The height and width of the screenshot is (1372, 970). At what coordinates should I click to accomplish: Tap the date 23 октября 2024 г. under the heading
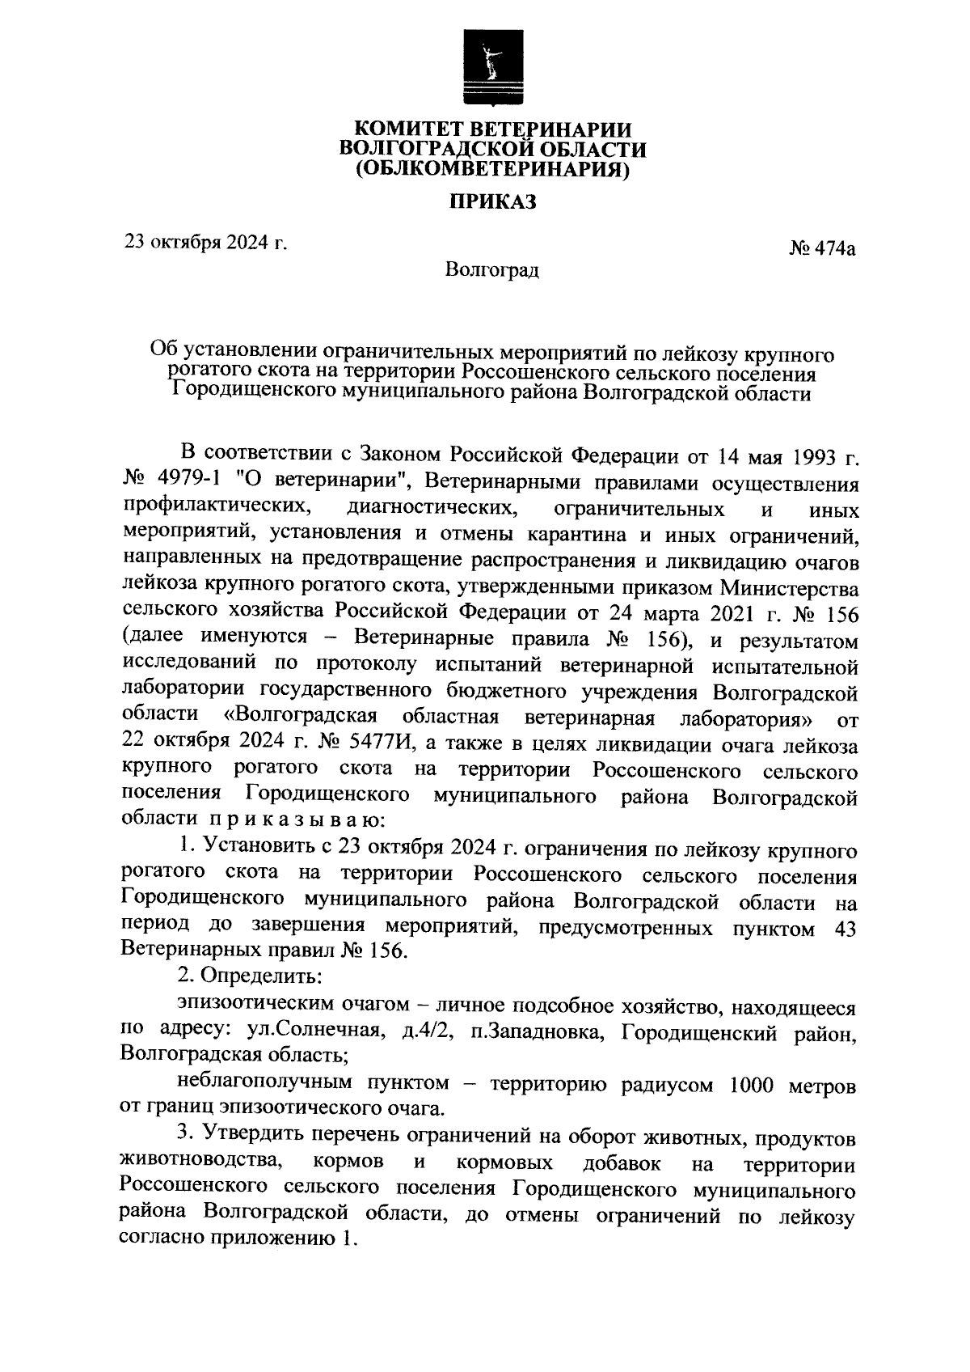pyautogui.click(x=205, y=240)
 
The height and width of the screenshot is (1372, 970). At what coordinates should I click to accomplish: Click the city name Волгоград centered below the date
pyautogui.click(x=492, y=269)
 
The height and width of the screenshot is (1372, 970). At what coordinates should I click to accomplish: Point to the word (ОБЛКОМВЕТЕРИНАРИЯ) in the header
pyautogui.click(x=493, y=170)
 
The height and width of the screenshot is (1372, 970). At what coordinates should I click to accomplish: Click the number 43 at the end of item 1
pyautogui.click(x=843, y=928)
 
